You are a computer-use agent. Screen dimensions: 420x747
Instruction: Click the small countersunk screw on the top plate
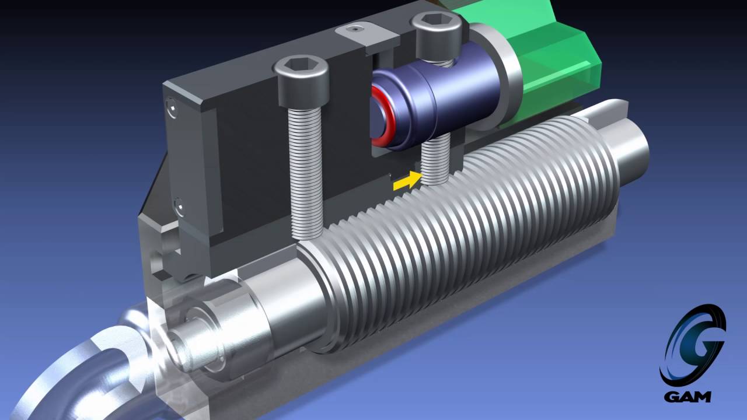pyautogui.click(x=356, y=28)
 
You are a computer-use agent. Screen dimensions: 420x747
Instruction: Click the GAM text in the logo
pyautogui.click(x=687, y=397)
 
